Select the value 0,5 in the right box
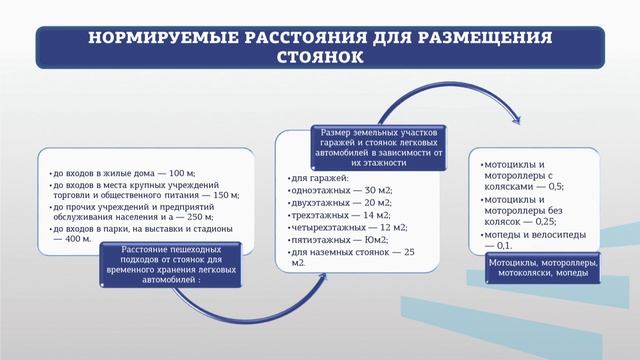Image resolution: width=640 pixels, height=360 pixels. [555, 186]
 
